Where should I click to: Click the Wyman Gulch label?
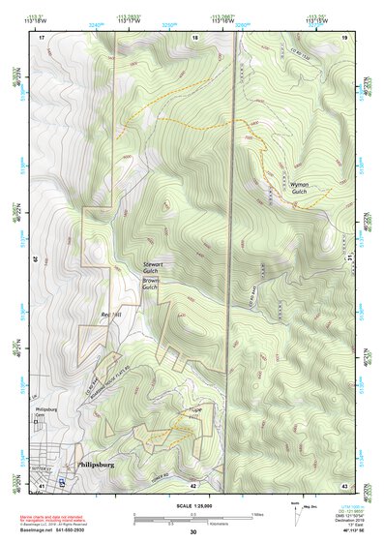point(297,187)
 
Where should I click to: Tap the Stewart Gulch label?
point(153,268)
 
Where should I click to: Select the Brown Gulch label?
point(152,285)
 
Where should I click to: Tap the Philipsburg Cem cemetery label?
point(46,416)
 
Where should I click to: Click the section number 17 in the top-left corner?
point(42,37)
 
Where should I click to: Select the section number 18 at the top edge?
point(195,37)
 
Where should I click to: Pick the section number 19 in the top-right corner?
point(343,37)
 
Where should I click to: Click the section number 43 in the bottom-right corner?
point(343,485)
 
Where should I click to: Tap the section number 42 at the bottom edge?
point(193,485)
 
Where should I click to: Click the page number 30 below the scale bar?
point(192,532)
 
